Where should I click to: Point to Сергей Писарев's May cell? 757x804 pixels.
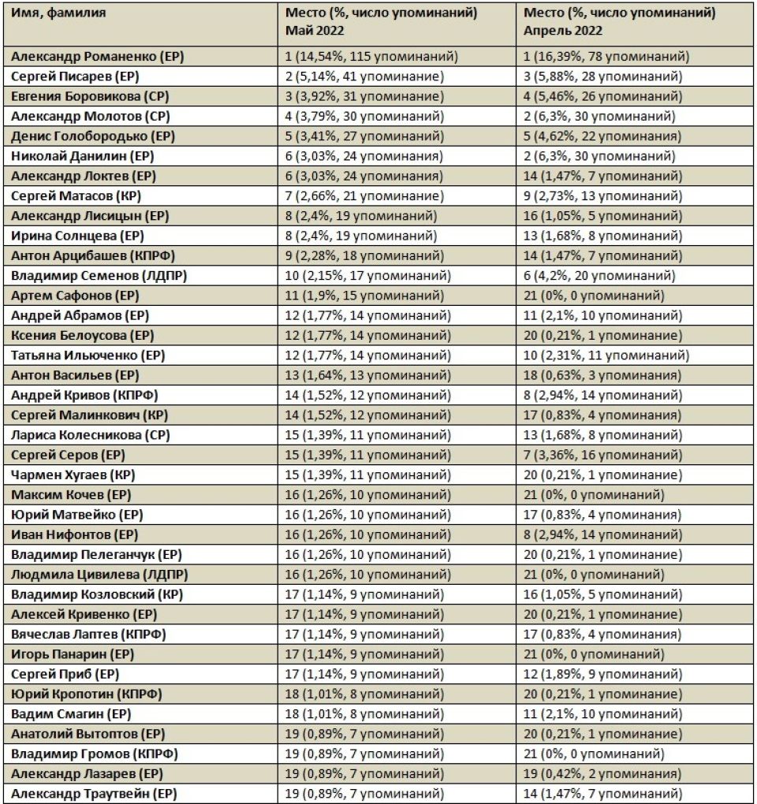pos(364,76)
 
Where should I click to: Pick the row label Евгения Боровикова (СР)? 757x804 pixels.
pos(90,96)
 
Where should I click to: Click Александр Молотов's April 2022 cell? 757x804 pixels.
pos(599,116)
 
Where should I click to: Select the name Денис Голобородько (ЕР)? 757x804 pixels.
pos(92,136)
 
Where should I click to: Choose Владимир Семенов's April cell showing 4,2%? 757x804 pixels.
pos(599,275)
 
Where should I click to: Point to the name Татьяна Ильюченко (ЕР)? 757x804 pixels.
pos(88,355)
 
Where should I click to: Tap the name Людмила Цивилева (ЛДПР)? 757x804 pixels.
pos(99,574)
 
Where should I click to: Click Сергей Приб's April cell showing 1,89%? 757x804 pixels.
pos(599,674)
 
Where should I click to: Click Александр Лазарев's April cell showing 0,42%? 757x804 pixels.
pos(603,773)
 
